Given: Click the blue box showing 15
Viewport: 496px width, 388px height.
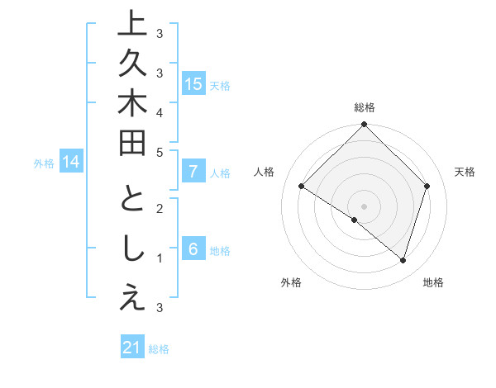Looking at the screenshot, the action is tap(193, 83).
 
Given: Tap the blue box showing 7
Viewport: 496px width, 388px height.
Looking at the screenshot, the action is tap(193, 172).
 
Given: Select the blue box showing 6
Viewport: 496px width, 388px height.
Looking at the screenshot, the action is tap(193, 249).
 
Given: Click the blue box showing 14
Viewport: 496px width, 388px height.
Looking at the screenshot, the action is tap(71, 163).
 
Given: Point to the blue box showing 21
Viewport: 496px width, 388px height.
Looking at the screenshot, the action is tap(132, 348).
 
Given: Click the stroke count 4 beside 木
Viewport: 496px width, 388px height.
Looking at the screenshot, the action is tap(159, 111).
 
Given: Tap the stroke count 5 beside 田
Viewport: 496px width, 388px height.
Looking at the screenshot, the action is tap(159, 151).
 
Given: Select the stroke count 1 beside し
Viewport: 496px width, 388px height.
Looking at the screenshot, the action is tap(159, 258).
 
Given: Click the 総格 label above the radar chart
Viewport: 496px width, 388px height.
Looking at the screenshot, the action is tap(365, 107).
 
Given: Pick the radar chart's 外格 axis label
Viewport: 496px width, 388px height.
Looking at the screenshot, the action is tap(291, 282).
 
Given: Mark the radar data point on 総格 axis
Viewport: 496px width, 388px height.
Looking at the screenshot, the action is tap(364, 125).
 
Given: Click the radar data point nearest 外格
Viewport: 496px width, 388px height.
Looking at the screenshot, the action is tap(354, 220).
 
